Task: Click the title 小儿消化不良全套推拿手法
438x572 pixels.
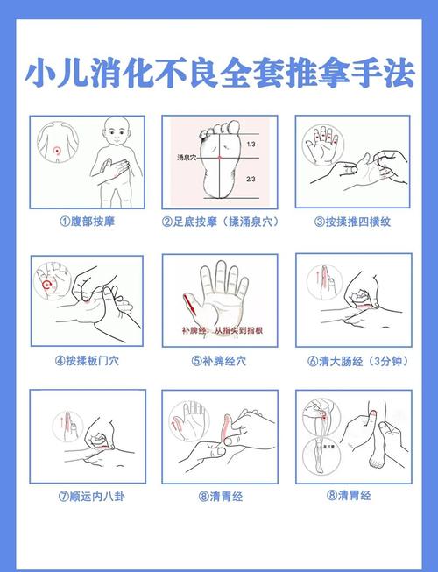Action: pyautogui.click(x=219, y=73)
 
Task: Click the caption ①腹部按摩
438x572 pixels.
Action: pyautogui.click(x=87, y=222)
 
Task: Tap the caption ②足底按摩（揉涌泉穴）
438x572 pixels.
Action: pyautogui.click(x=219, y=222)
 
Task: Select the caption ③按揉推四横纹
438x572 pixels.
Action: pyautogui.click(x=352, y=222)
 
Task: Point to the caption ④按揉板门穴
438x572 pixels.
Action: pyautogui.click(x=87, y=359)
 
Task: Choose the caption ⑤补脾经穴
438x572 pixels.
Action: pyautogui.click(x=219, y=359)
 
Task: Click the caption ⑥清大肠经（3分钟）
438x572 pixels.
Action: pyautogui.click(x=352, y=359)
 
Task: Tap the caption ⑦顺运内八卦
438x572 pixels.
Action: pyautogui.click(x=87, y=496)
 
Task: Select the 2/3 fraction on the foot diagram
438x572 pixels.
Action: pyautogui.click(x=251, y=179)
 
